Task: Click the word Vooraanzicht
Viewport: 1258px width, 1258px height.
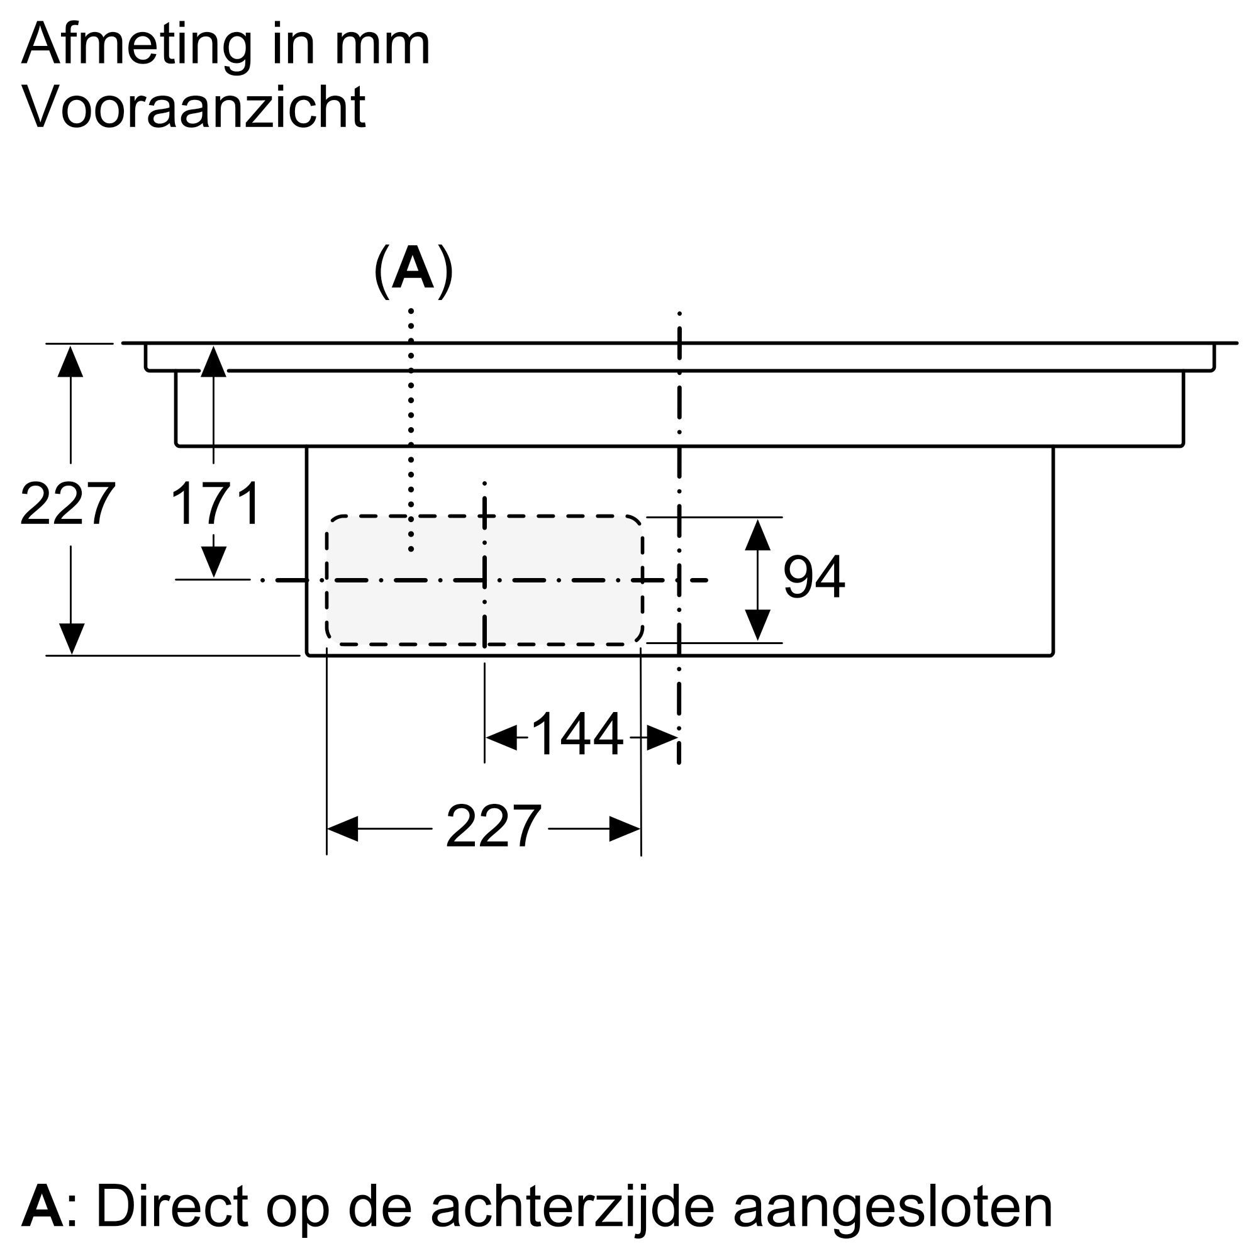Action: click(x=193, y=108)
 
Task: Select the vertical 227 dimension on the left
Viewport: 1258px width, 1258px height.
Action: click(x=68, y=504)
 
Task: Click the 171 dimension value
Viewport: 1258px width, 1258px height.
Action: click(x=215, y=504)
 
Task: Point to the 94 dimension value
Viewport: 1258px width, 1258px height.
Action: click(x=813, y=577)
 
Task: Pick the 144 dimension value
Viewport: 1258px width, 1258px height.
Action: click(x=577, y=736)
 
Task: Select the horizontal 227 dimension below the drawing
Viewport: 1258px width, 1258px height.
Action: click(x=493, y=827)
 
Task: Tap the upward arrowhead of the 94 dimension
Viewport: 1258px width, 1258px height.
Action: click(x=757, y=535)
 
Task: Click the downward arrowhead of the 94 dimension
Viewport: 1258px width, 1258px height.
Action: click(x=757, y=625)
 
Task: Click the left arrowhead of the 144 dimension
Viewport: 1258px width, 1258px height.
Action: click(x=501, y=738)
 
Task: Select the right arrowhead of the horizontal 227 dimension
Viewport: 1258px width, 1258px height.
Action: click(x=625, y=829)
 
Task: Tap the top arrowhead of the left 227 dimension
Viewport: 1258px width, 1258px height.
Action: click(x=70, y=362)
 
